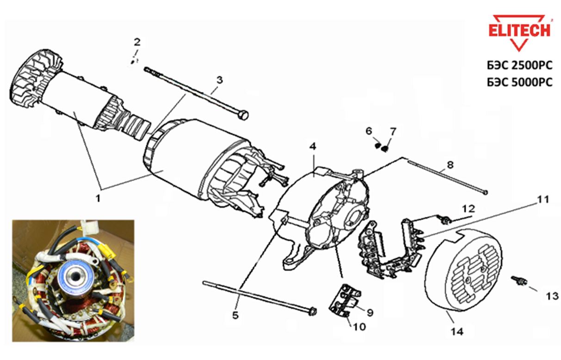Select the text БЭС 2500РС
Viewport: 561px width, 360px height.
pyautogui.click(x=519, y=65)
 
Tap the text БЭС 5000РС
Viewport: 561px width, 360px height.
pyautogui.click(x=519, y=82)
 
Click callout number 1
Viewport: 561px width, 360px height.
pyautogui.click(x=98, y=198)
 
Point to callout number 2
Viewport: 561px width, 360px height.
pyautogui.click(x=137, y=42)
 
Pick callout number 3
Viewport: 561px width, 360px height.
pyautogui.click(x=219, y=80)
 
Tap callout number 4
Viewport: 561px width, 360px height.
pyautogui.click(x=313, y=146)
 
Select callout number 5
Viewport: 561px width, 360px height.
pyautogui.click(x=235, y=316)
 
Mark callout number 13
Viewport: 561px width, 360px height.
pyautogui.click(x=552, y=296)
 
